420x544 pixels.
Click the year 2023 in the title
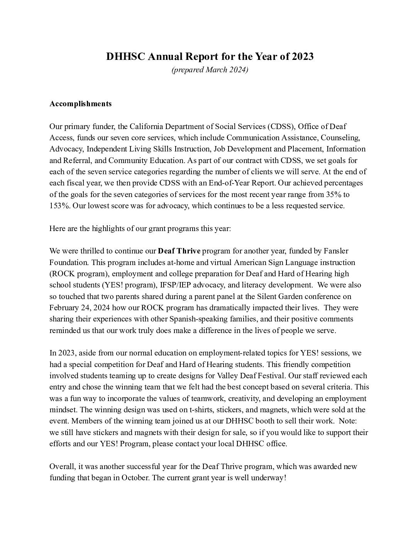(303, 57)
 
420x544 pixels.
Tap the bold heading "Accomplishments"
(80, 104)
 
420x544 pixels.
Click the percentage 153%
(59, 206)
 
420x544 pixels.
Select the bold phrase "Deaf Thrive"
(180, 251)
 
